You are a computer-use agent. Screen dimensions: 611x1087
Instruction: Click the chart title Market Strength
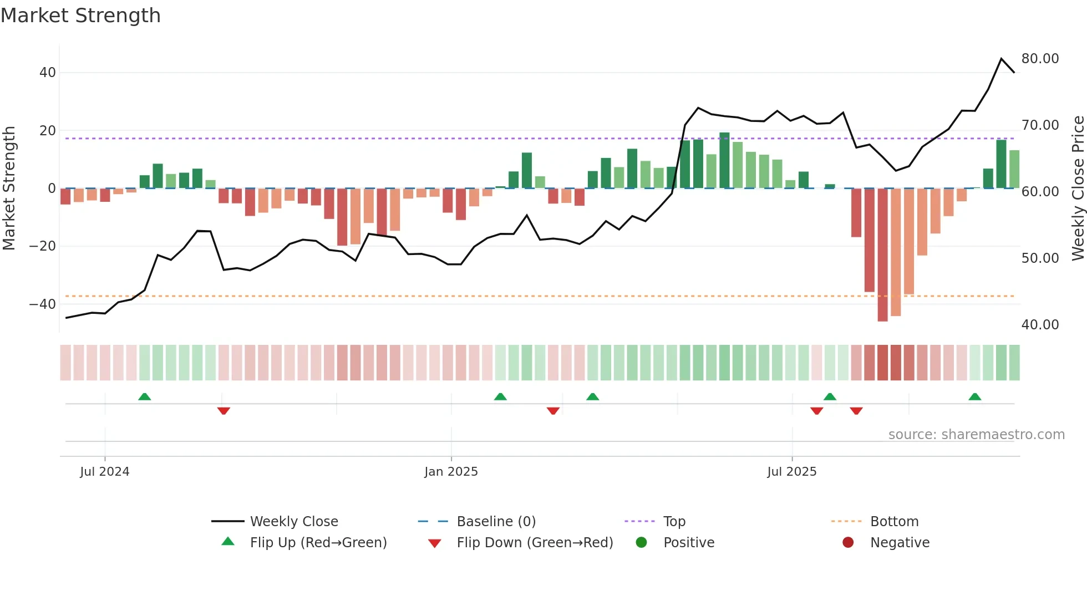[x=80, y=16]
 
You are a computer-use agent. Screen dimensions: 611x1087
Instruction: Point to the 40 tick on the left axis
[x=48, y=73]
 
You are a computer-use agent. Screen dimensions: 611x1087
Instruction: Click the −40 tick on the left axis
[x=43, y=304]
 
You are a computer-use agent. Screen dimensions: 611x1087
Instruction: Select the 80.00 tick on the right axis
[x=1040, y=59]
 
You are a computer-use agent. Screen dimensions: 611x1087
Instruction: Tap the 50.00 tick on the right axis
[x=1040, y=258]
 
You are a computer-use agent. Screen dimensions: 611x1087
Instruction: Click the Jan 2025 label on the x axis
[x=451, y=472]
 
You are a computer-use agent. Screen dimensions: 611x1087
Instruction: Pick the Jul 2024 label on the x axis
[x=105, y=472]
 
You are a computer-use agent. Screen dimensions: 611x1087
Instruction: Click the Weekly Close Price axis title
[x=1078, y=189]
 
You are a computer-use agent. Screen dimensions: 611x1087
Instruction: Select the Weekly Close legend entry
[x=293, y=522]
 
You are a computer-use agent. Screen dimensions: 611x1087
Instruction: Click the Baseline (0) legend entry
[x=496, y=522]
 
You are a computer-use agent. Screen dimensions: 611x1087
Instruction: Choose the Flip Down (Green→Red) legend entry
[x=535, y=543]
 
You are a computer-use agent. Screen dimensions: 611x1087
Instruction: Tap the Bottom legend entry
[x=894, y=522]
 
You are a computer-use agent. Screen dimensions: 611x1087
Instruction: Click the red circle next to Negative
[x=848, y=543]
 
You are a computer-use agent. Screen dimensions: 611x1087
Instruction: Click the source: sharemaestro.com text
[x=976, y=435]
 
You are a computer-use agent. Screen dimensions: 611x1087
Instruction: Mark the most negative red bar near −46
[x=882, y=255]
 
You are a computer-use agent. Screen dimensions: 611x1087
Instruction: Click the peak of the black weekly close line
[x=1001, y=59]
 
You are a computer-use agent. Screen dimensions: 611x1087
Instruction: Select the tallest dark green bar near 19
[x=724, y=161]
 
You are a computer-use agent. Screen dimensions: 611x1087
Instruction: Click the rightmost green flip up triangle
[x=974, y=397]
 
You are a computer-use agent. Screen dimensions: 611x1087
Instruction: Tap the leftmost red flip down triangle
[x=224, y=411]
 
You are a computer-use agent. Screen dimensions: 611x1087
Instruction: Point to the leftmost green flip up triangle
[x=144, y=397]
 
